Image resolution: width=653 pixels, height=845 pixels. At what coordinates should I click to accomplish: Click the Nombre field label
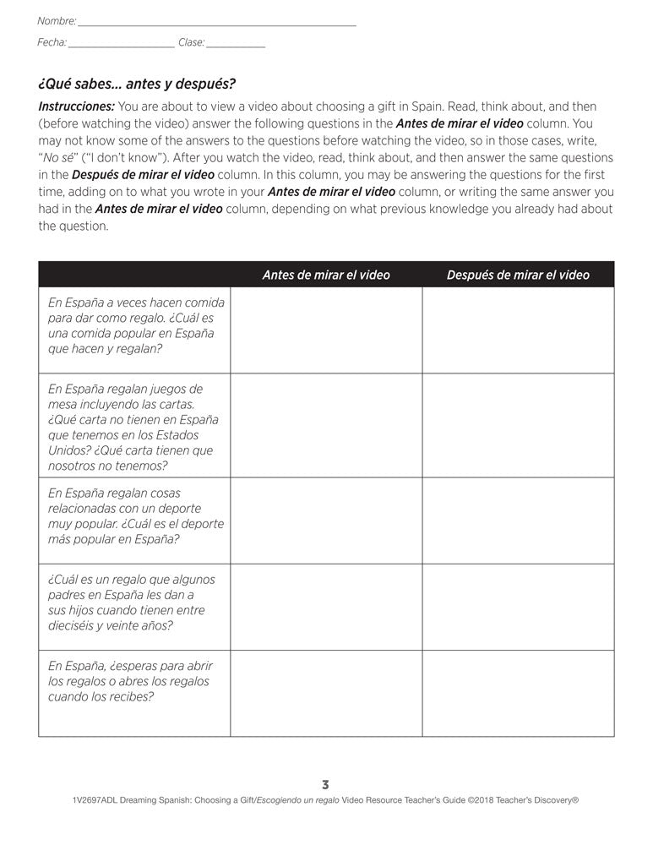click(57, 20)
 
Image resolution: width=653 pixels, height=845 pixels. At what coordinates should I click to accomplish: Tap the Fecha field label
click(52, 42)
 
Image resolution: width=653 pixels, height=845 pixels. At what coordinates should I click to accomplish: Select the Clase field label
click(191, 42)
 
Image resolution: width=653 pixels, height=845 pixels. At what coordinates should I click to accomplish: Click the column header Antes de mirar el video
click(326, 275)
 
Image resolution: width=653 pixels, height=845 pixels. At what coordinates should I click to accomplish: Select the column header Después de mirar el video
click(518, 275)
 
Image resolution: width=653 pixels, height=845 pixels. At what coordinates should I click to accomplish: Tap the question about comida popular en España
click(131, 325)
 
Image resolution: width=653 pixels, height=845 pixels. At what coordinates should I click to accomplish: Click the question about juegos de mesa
click(133, 427)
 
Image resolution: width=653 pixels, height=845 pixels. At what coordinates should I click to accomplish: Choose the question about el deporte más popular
click(135, 516)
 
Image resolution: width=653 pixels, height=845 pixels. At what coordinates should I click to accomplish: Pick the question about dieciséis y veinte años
click(131, 602)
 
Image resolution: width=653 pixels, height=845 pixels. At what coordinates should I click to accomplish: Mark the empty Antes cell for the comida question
click(326, 330)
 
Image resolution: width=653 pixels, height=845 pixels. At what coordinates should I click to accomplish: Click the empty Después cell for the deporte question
click(518, 520)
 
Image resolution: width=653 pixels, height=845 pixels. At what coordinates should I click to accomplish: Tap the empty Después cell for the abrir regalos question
click(518, 693)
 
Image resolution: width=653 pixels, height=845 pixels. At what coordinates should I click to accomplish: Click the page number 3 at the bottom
click(326, 784)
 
